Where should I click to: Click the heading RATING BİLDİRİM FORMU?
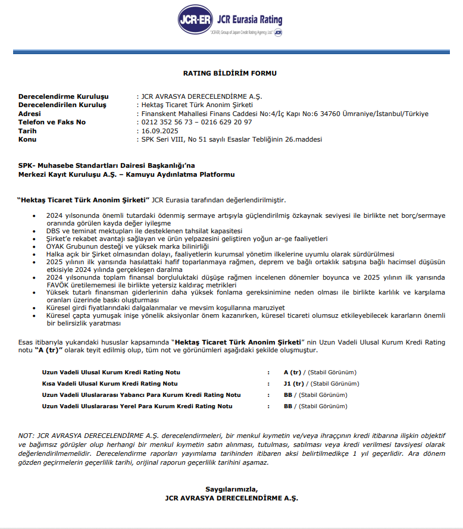(x=230, y=74)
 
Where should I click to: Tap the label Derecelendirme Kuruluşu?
(x=64, y=96)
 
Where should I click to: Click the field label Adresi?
(x=30, y=114)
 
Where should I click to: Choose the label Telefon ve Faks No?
(x=52, y=122)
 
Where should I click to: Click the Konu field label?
(x=27, y=139)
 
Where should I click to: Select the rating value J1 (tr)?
(x=293, y=384)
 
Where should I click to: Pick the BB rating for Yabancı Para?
(x=289, y=395)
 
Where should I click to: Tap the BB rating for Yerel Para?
(x=289, y=406)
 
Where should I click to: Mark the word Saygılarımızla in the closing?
(x=232, y=489)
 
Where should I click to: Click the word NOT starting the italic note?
(x=26, y=436)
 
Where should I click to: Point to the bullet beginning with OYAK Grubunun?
(x=127, y=246)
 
